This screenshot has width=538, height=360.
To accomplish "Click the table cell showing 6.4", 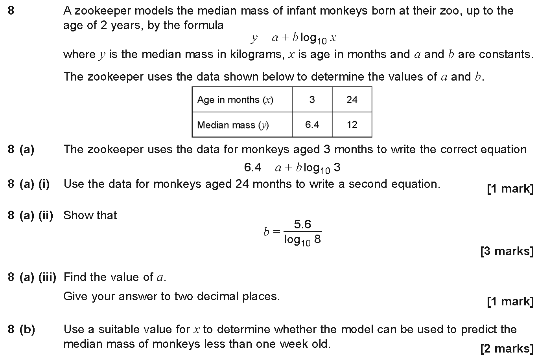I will tap(312, 125).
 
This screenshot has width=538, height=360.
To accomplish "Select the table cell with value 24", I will tap(352, 99).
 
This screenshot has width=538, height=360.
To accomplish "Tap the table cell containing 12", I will tap(352, 125).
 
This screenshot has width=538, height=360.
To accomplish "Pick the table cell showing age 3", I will tap(312, 99).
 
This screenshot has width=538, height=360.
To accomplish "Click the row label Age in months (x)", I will tap(235, 99).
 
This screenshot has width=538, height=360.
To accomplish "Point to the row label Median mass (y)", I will tap(233, 125).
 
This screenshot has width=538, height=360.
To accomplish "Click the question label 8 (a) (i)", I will tap(29, 184).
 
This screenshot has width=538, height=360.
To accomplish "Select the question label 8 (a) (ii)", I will tap(30, 215).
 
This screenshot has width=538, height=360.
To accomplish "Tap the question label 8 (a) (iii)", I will tap(32, 277).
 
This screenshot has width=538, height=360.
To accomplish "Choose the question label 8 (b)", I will tap(21, 329).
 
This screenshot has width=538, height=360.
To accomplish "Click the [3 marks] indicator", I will tap(507, 251).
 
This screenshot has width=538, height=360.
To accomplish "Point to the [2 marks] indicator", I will tap(507, 348).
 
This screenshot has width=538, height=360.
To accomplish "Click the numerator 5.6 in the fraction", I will tap(302, 224).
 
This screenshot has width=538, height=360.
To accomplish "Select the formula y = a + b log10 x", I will tap(293, 38).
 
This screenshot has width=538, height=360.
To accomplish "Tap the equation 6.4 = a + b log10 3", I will tap(292, 168).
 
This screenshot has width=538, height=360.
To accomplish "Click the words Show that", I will tap(90, 215).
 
